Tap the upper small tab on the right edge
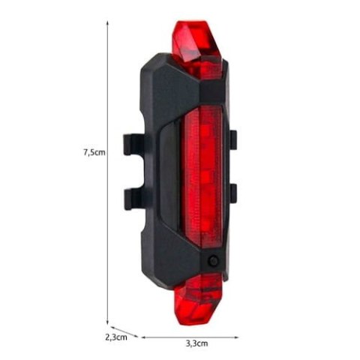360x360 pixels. (x=232, y=139)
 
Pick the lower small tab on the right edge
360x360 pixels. (x=232, y=192)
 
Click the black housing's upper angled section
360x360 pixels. (x=169, y=82)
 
